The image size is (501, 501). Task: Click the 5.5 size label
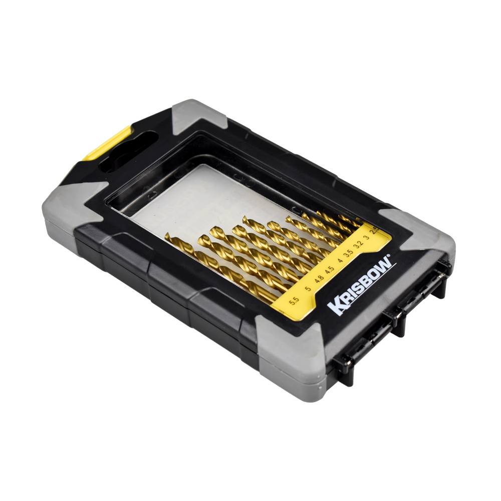click(294, 301)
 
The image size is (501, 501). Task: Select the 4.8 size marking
click(319, 279)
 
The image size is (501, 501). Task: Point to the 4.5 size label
click(330, 271)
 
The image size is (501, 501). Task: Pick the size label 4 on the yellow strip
click(340, 261)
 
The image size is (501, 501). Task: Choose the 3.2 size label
click(359, 245)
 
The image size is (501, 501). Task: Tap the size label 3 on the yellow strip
click(367, 237)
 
